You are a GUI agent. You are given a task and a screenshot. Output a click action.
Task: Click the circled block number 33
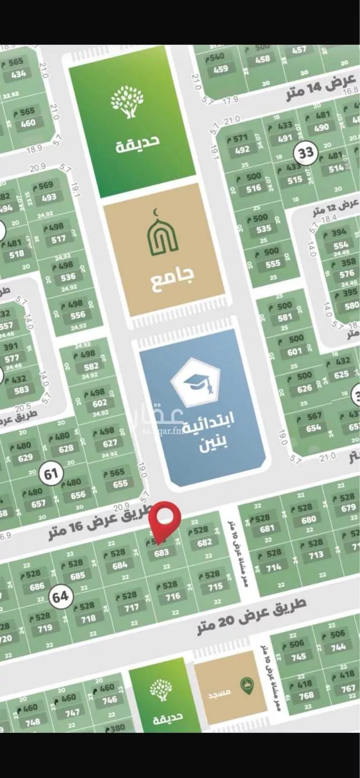point(306,153)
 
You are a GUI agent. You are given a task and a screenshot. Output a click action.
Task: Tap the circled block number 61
point(51,474)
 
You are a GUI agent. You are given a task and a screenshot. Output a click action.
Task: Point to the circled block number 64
point(60,597)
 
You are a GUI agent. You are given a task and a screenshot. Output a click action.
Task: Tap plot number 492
point(242,149)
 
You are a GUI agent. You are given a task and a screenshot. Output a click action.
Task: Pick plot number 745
point(298,657)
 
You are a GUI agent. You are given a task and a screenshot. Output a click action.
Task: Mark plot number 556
point(78,315)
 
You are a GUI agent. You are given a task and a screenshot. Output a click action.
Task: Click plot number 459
point(220,69)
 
